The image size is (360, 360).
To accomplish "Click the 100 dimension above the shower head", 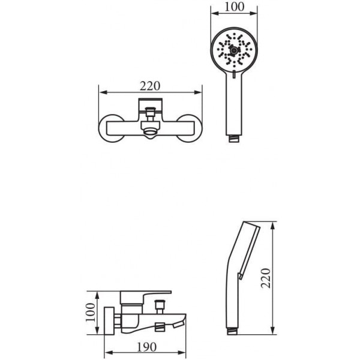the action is [234, 7].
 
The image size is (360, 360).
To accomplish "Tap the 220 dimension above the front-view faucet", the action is [150, 86].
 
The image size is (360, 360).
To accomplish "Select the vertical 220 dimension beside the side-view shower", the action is [266, 278].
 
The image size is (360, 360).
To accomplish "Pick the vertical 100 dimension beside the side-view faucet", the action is [90, 313].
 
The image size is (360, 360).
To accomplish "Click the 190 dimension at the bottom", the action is [147, 347].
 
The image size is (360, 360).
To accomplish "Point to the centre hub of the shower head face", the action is [234, 50].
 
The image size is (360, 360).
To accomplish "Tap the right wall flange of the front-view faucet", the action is [190, 128].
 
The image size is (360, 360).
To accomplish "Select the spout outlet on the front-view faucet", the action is [151, 134].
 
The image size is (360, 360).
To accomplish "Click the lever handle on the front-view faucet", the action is [151, 106].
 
